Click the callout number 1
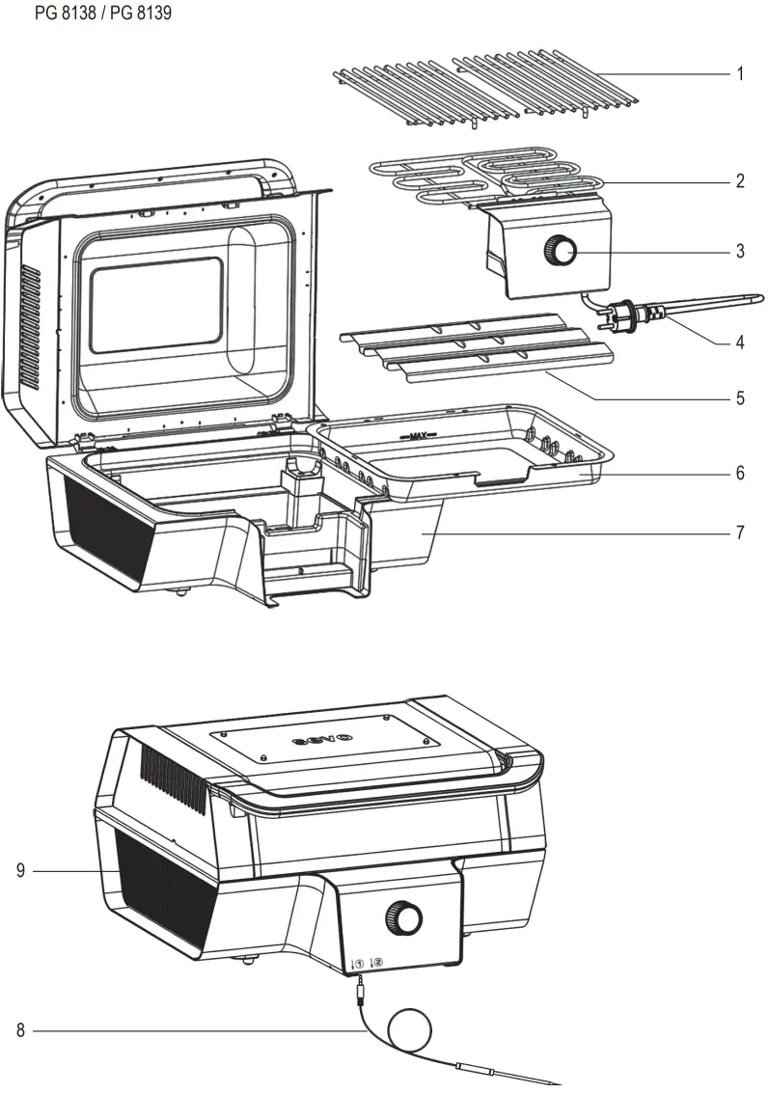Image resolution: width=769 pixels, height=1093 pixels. pyautogui.click(x=740, y=74)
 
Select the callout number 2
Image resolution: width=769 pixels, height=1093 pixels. pyautogui.click(x=740, y=181)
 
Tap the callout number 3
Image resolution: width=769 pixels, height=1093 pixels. pyautogui.click(x=740, y=252)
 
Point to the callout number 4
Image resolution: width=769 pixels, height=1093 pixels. pyautogui.click(x=740, y=341)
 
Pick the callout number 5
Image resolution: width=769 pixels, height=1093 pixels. pyautogui.click(x=740, y=397)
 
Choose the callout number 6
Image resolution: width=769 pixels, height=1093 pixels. pyautogui.click(x=740, y=474)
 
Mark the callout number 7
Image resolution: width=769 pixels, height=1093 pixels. pyautogui.click(x=740, y=532)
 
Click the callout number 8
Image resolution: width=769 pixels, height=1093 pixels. pyautogui.click(x=20, y=1030)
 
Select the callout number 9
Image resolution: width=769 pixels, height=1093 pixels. pyautogui.click(x=20, y=871)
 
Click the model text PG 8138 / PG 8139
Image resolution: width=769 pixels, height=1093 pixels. pyautogui.click(x=90, y=14)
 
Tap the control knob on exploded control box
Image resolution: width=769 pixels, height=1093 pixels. pyautogui.click(x=559, y=252)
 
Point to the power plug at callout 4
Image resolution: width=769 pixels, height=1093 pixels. pyautogui.click(x=624, y=315)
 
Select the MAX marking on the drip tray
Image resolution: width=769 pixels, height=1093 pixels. pyautogui.click(x=418, y=436)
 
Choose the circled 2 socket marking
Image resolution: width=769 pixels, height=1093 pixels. pyautogui.click(x=376, y=962)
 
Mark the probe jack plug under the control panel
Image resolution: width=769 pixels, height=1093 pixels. pyautogui.click(x=358, y=986)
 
